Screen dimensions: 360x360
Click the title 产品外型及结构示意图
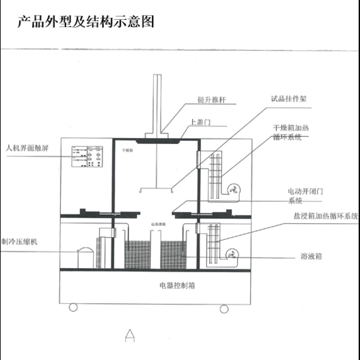click(85, 22)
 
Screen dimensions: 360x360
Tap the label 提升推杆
click(211, 100)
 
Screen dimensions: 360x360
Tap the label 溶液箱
click(311, 256)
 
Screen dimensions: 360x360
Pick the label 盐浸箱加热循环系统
click(324, 216)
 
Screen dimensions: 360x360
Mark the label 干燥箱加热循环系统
click(291, 132)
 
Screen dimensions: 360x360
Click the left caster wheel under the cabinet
click(73, 307)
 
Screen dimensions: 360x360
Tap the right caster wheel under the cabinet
click(224, 308)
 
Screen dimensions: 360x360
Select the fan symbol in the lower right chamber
click(232, 255)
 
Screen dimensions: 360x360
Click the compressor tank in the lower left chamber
click(86, 258)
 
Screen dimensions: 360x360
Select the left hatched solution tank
click(138, 255)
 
